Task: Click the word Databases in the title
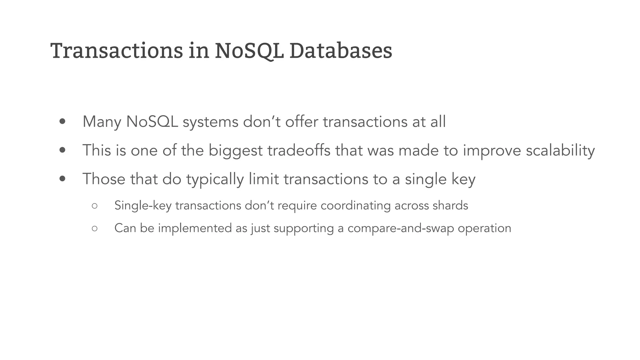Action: [x=341, y=51]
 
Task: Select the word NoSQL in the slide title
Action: [x=249, y=51]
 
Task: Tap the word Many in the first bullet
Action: [x=102, y=122]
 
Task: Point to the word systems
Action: [x=211, y=122]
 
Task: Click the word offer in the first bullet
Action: [x=302, y=122]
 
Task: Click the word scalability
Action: [x=560, y=151]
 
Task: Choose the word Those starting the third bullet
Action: [x=104, y=179]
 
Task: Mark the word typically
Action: [x=215, y=179]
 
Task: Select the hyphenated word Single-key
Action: [x=143, y=206]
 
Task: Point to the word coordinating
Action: [x=356, y=206]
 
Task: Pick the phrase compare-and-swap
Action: [x=401, y=228]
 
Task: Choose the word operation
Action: [x=484, y=228]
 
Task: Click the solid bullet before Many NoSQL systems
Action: [x=62, y=122]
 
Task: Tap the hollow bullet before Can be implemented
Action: [x=95, y=228]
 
